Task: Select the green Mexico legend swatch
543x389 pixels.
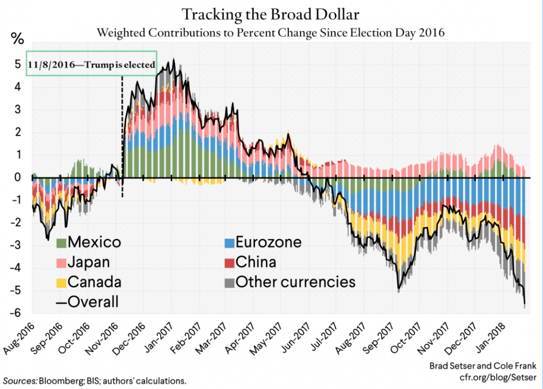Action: (62, 243)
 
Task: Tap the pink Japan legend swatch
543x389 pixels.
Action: (62, 262)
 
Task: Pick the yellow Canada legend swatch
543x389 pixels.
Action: (62, 282)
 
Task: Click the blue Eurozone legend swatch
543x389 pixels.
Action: (229, 243)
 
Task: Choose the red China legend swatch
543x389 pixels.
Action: (229, 262)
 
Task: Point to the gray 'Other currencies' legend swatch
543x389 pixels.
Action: (229, 282)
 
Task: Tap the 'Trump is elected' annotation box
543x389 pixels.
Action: (92, 64)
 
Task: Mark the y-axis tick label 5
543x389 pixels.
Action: (17, 65)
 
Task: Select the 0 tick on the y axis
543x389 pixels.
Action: (17, 177)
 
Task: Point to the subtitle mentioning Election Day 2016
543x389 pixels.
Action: (271, 33)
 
